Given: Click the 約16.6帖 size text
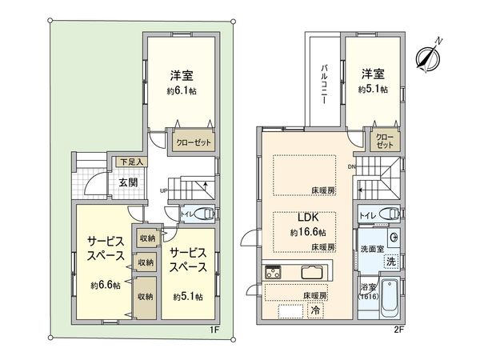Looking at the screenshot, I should click(x=309, y=232).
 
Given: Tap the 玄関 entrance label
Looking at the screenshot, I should click(x=129, y=182).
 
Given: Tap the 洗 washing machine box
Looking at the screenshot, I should click(x=391, y=261).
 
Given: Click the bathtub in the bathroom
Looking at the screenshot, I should click(x=391, y=298).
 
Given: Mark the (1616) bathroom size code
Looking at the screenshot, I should click(x=368, y=296).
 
